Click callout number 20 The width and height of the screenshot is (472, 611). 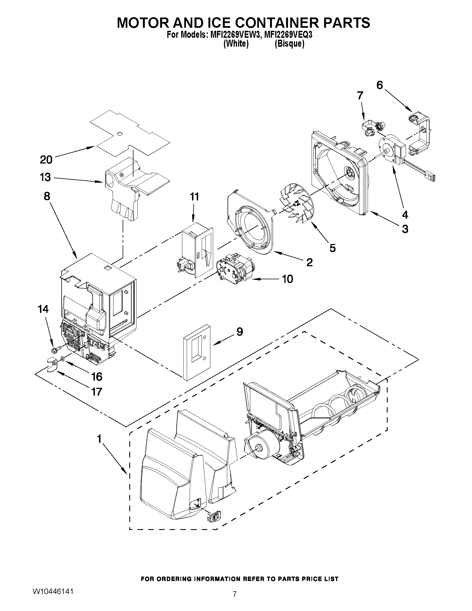pos(46,160)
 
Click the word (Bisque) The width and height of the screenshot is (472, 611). pos(289,44)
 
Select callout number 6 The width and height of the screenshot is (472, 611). pos(379,85)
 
